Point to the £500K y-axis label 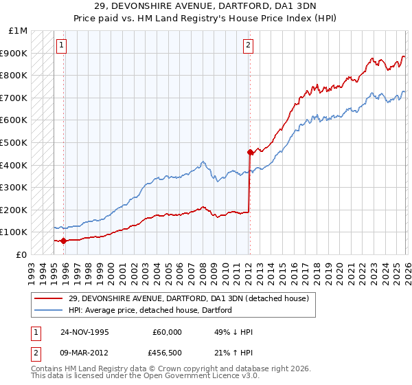click(14, 143)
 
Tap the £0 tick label click(21, 254)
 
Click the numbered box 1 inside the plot click(61, 46)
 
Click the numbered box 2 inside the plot click(247, 46)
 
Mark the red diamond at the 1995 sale click(64, 241)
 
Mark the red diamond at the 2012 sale click(250, 152)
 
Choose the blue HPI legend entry click(150, 310)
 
